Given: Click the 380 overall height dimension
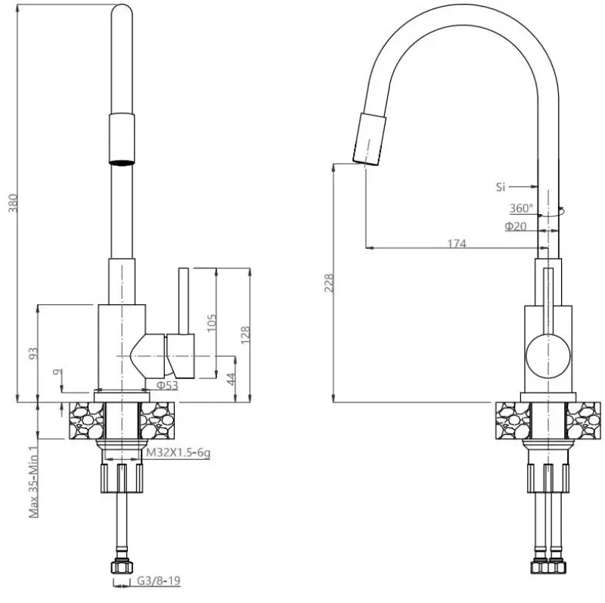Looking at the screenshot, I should (11, 200).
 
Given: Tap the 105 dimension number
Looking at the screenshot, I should (211, 322).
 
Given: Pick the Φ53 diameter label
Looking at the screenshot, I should (166, 385).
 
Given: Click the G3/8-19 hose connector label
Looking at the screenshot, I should (158, 582).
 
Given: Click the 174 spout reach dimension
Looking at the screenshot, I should (457, 243).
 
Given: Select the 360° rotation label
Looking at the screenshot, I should (520, 208).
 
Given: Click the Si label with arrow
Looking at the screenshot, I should (501, 185).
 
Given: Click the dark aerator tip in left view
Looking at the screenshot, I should (123, 160).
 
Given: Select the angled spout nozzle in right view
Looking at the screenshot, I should (369, 138).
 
